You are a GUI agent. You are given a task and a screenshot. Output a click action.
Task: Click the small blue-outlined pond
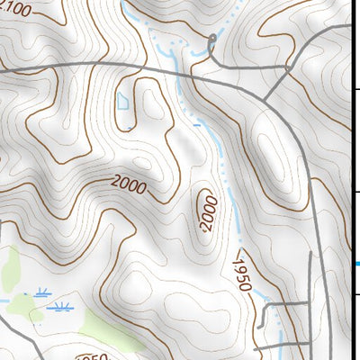pyautogui.click(x=122, y=101)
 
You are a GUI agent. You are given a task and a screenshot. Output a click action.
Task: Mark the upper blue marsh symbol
pyautogui.click(x=43, y=292)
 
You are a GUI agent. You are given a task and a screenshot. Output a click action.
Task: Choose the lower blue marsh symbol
pyautogui.click(x=60, y=307)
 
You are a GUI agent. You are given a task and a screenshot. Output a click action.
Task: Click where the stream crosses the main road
pyautogui.click(x=185, y=76)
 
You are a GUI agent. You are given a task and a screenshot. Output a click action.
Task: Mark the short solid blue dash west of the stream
pyautogui.click(x=147, y=127)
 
